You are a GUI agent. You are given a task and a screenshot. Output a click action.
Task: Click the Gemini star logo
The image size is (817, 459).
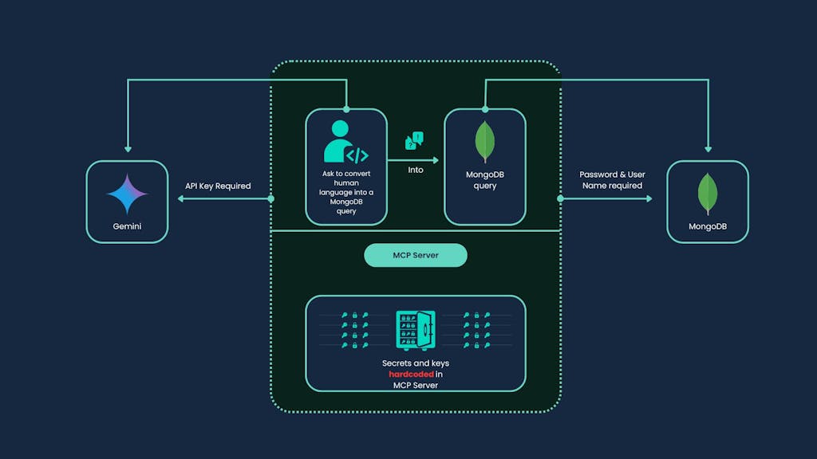point(127,193)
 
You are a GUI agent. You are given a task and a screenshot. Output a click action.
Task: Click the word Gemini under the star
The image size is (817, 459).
point(127,226)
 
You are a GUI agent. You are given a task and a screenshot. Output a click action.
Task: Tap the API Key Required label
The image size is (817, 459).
point(218,186)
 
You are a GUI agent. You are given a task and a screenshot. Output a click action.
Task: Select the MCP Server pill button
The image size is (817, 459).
point(415,255)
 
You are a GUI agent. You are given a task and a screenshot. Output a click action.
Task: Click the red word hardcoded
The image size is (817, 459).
point(412,374)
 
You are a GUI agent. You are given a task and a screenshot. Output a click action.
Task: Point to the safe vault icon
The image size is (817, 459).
point(415,329)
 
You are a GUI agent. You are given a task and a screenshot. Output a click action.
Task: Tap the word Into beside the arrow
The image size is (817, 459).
point(416,170)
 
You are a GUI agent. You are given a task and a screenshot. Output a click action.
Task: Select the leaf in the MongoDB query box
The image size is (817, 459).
point(484,142)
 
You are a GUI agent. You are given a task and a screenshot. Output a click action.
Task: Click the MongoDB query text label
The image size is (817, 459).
point(484,180)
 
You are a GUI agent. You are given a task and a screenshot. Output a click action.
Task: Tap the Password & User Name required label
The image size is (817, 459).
point(612,180)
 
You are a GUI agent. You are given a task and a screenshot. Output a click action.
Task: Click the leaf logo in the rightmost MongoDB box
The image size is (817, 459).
point(707,194)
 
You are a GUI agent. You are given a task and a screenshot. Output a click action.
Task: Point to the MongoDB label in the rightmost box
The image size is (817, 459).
point(707,226)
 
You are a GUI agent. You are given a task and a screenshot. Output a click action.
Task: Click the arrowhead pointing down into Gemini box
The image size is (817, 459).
point(127,149)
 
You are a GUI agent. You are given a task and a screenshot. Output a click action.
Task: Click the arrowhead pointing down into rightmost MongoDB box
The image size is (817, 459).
point(707,149)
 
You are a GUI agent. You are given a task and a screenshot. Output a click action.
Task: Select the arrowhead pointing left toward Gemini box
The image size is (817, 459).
point(182,198)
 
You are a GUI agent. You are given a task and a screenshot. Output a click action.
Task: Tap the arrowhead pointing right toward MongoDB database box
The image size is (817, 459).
point(648,198)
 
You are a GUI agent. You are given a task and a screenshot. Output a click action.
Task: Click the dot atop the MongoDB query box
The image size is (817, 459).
point(485,108)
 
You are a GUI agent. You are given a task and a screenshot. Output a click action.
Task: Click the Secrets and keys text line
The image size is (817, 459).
point(415,363)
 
